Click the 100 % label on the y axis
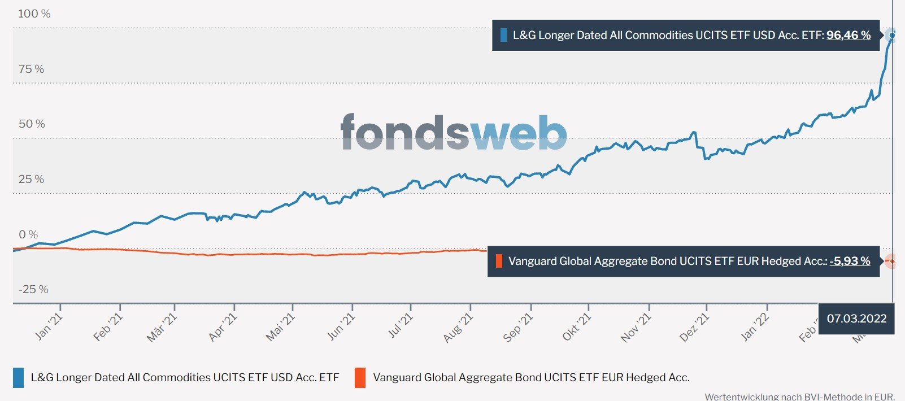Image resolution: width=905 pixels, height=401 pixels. tap(34, 14)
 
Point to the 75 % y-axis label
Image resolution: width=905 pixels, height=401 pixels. tap(31, 69)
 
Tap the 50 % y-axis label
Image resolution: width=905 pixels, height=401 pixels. tap(32, 124)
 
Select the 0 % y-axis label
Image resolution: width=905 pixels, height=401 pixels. tap(28, 234)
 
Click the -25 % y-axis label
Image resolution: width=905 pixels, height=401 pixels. tap(33, 289)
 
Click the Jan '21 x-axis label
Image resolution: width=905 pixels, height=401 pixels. tap(49, 326)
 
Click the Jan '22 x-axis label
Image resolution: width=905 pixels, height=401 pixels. tap(755, 326)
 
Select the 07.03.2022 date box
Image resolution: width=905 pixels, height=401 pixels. tap(856, 319)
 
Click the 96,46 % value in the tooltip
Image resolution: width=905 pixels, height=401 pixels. tap(848, 35)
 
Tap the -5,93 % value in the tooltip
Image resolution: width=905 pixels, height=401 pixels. tap(850, 261)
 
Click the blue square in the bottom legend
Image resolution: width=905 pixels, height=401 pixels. tap(18, 378)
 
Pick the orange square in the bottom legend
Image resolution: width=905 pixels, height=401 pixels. tap(360, 378)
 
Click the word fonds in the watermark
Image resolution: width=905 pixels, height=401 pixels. tap(404, 133)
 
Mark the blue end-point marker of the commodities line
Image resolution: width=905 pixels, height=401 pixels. tap(892, 36)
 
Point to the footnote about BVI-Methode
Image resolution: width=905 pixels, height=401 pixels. tap(799, 396)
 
